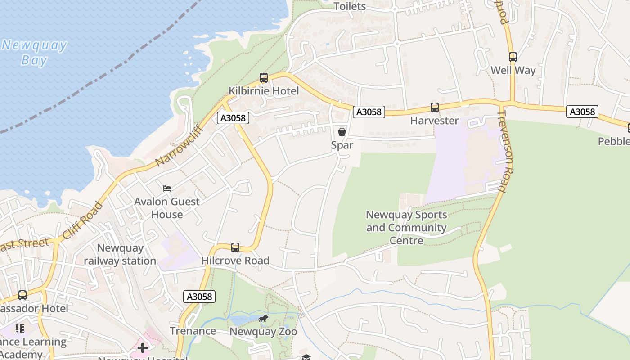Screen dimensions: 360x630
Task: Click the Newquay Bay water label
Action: (x=34, y=52)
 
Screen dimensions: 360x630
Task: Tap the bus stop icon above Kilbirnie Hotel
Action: (x=264, y=78)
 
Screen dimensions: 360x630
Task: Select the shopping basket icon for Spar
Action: (x=342, y=131)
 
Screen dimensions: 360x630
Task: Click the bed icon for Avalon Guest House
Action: (x=167, y=188)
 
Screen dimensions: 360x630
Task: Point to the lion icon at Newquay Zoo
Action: (x=263, y=319)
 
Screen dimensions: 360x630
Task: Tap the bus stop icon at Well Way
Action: (x=513, y=57)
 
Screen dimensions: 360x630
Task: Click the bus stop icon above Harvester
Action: (x=434, y=108)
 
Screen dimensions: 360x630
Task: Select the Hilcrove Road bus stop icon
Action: (x=235, y=247)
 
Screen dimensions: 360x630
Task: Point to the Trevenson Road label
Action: (x=505, y=152)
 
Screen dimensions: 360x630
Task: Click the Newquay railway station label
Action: (x=120, y=254)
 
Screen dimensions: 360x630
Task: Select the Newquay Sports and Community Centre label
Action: (x=406, y=227)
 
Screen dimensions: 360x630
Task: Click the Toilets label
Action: (x=350, y=6)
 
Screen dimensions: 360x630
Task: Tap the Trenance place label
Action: (x=193, y=331)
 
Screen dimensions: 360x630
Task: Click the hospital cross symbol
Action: (x=143, y=348)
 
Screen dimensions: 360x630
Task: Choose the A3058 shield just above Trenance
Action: (x=200, y=297)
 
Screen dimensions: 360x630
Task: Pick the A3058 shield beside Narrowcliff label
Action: (x=233, y=118)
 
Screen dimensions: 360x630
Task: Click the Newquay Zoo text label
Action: (x=263, y=332)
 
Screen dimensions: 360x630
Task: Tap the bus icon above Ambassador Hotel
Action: (x=22, y=295)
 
